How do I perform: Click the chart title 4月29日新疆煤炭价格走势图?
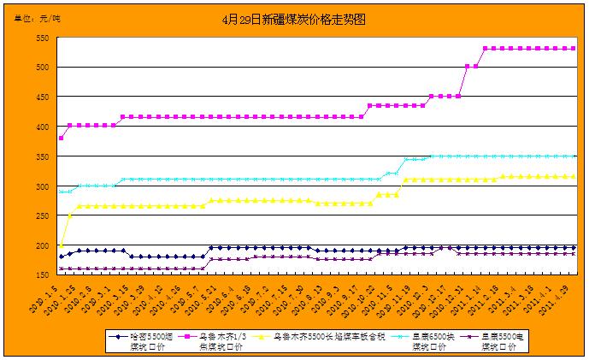(x=295, y=18)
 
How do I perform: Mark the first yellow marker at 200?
(x=61, y=245)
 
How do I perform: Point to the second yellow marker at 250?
(x=69, y=215)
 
